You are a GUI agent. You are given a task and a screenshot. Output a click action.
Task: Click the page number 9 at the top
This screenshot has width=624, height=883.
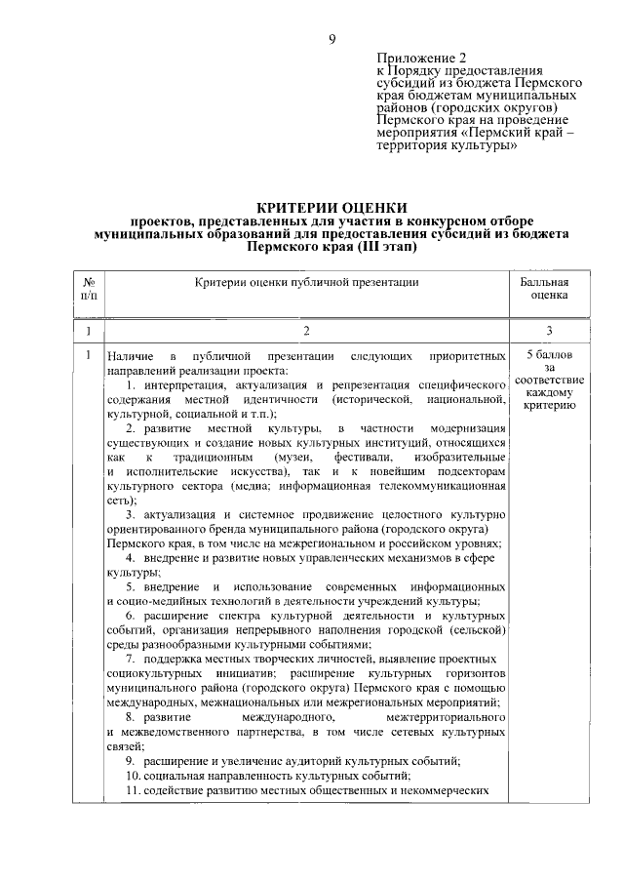pos(331,38)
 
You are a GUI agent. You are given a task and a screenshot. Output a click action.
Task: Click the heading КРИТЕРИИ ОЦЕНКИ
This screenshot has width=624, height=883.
pos(331,208)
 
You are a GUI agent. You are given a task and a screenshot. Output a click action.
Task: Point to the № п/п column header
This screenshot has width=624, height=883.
pos(89,288)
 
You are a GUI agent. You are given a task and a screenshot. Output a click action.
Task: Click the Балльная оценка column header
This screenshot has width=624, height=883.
pos(549,288)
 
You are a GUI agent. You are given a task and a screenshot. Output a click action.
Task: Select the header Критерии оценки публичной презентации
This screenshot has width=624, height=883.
pos(306,282)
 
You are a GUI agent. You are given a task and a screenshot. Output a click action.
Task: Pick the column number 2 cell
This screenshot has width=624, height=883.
pos(306,331)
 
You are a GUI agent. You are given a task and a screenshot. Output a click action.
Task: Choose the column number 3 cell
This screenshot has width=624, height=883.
pos(549,331)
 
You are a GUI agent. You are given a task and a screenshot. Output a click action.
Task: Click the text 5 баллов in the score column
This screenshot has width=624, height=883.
pos(550,354)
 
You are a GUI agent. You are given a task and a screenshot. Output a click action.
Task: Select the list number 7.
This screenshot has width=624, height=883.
pos(130,661)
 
